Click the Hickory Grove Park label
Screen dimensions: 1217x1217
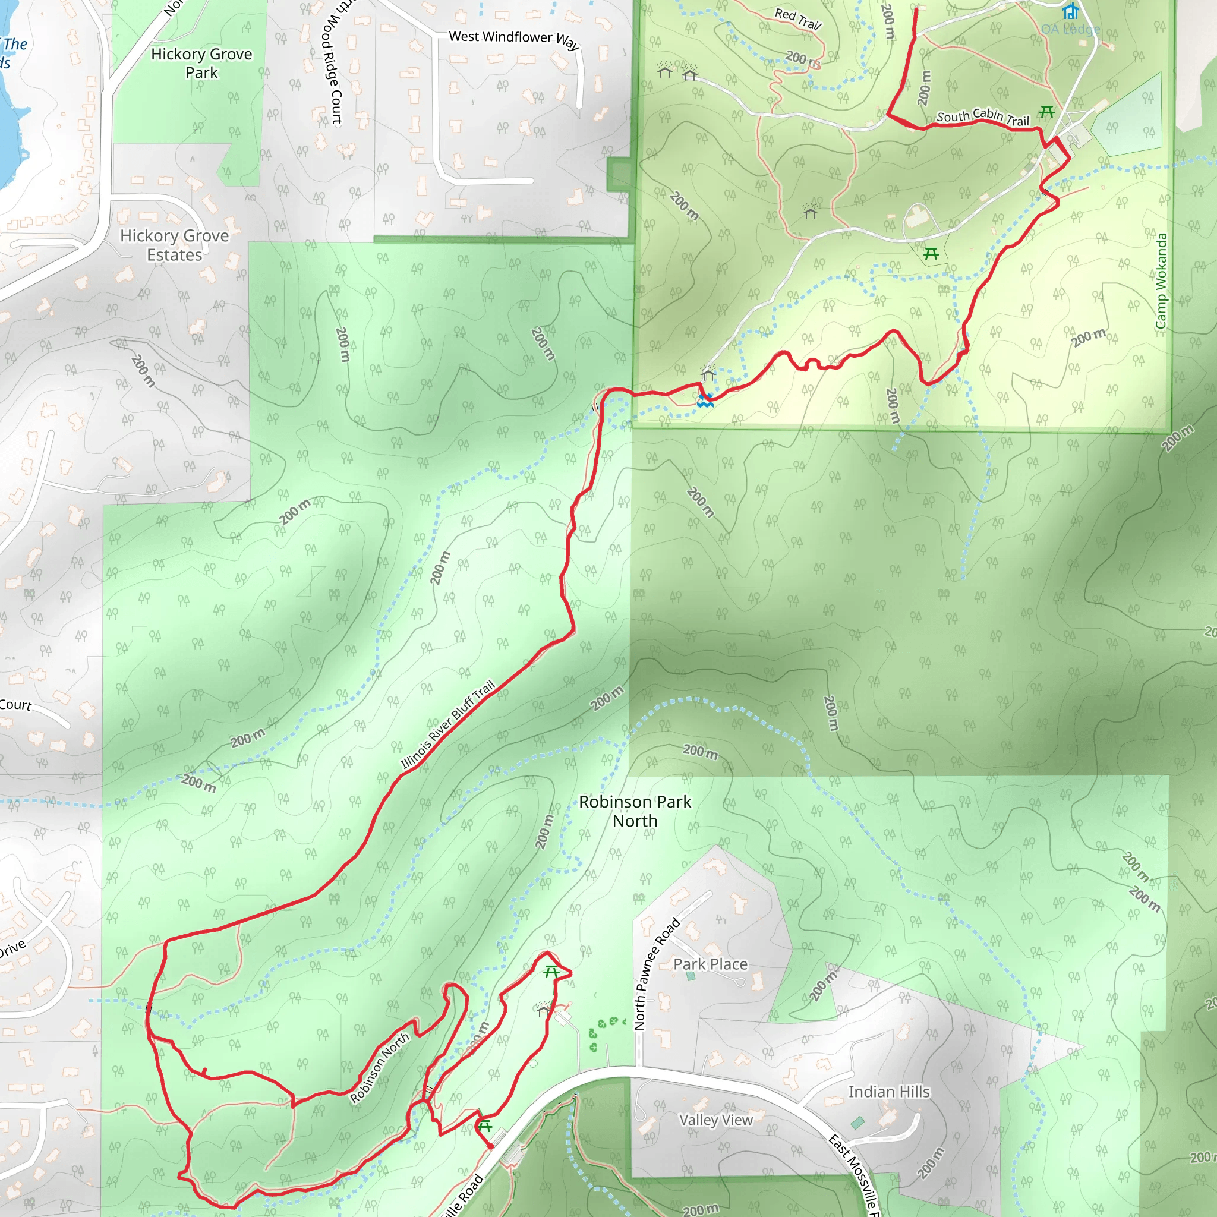coord(201,63)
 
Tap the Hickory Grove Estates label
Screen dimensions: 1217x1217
coord(175,245)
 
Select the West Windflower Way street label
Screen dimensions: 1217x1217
coord(513,39)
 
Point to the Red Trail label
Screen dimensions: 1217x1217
coord(797,19)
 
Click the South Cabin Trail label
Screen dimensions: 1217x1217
coord(983,116)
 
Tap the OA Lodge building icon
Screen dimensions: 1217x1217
coord(1070,11)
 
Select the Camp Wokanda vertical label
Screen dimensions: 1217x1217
coord(1161,281)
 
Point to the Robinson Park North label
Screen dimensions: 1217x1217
coord(635,811)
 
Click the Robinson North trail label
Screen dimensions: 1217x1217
coord(380,1068)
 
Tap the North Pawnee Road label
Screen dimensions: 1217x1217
coord(657,974)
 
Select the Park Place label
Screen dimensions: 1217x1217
coord(711,964)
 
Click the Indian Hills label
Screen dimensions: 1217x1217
coord(889,1092)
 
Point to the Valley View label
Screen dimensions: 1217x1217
coord(715,1120)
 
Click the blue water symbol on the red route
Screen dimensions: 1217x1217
coord(705,401)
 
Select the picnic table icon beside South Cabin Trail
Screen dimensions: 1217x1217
coord(1047,112)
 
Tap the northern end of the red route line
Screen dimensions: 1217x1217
coord(916,10)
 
